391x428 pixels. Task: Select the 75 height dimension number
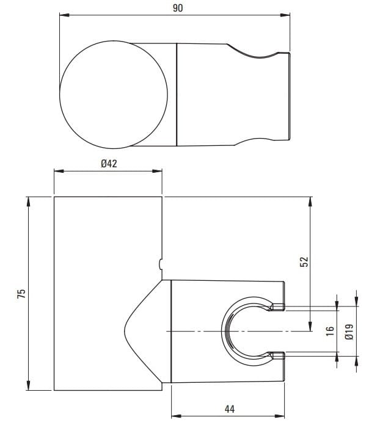point(21,294)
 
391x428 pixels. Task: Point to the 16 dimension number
point(331,330)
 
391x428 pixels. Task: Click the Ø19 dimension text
point(349,330)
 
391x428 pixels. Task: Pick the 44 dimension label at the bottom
point(228,408)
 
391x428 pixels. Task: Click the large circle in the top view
point(114,95)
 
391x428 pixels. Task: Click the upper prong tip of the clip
point(278,307)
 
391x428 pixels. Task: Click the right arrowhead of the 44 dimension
point(283,416)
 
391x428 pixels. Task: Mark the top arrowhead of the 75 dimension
point(29,200)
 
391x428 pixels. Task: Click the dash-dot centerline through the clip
point(195,332)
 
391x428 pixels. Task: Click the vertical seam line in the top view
point(177,95)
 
